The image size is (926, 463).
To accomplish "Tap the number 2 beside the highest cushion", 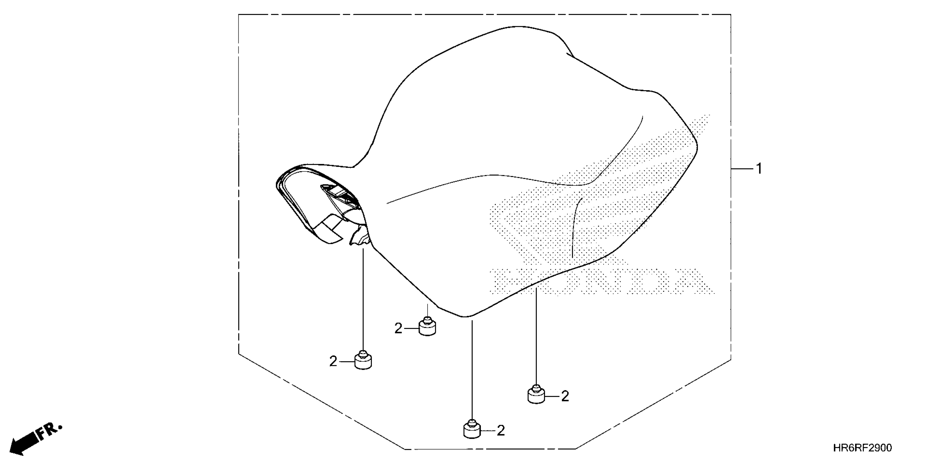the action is point(398,328).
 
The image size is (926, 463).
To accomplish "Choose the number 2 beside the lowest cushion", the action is point(501,431).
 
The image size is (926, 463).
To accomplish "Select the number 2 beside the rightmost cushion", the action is point(565,396).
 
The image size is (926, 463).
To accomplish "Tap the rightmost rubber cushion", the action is point(536,395).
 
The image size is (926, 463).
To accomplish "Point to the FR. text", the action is point(50,431).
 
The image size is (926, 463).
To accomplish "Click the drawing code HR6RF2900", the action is point(862,448).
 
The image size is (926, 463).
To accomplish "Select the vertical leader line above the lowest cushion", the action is point(472,370).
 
